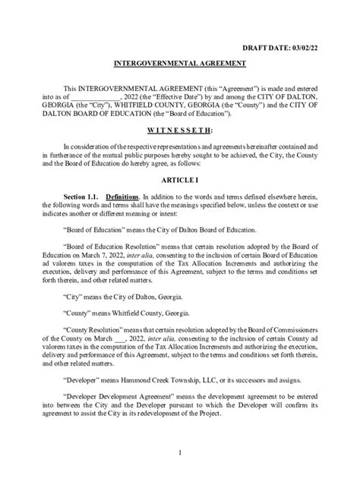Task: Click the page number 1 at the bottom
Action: [x=180, y=453]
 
